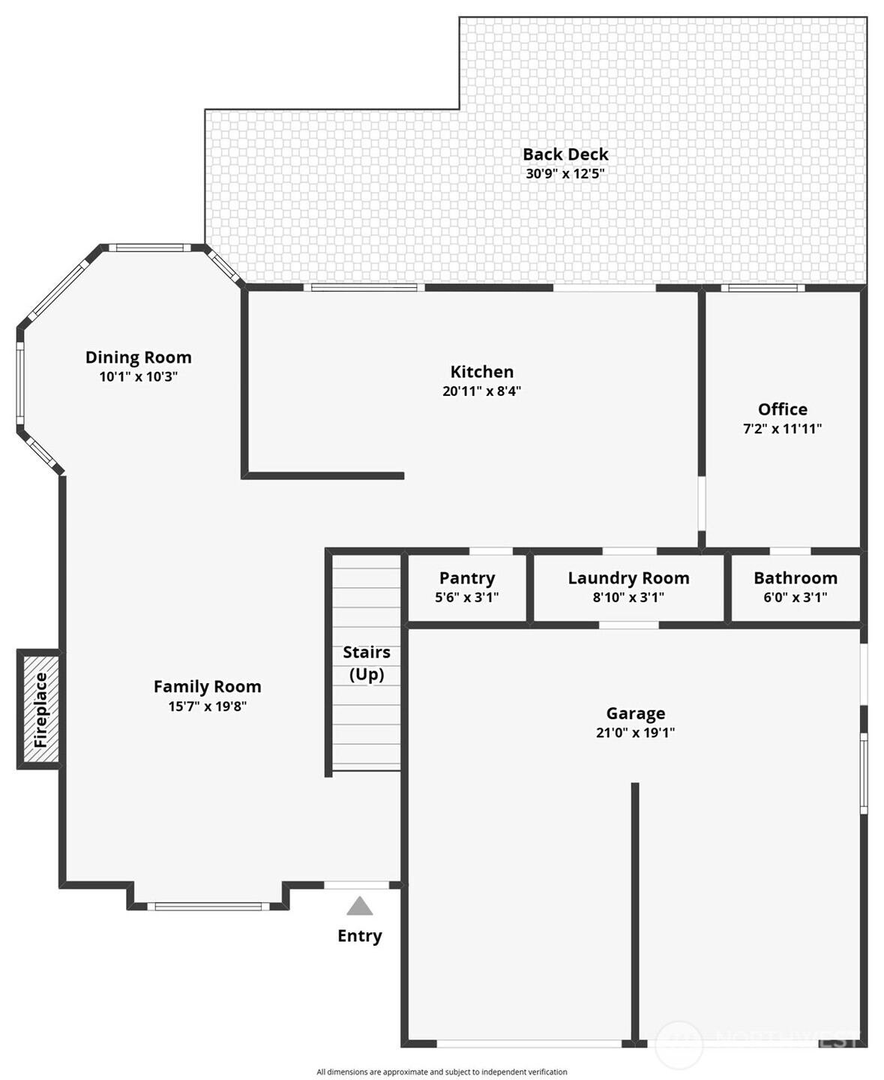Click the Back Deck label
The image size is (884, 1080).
(565, 154)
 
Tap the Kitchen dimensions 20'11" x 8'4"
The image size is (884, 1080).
(481, 391)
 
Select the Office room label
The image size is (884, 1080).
(782, 409)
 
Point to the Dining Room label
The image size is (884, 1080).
(138, 358)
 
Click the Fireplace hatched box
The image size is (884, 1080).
(40, 709)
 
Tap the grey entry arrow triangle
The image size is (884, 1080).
(360, 906)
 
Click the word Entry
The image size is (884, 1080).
(360, 936)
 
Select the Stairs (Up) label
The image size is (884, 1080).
(367, 663)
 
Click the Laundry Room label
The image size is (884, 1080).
(628, 578)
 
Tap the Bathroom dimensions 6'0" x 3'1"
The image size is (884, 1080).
(795, 598)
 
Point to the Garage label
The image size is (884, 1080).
(636, 713)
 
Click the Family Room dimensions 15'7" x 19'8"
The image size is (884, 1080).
(208, 706)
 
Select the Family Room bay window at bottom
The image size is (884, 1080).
(208, 906)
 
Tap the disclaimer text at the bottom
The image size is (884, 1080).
(442, 1072)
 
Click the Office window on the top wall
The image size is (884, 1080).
(763, 287)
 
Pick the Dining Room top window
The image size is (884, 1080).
(150, 247)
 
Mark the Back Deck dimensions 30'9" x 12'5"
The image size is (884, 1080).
(565, 174)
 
